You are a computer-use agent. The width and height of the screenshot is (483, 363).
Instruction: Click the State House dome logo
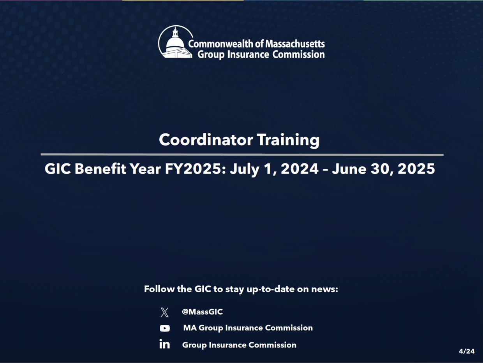[175, 43]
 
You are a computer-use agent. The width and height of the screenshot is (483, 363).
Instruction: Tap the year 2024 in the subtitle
[299, 169]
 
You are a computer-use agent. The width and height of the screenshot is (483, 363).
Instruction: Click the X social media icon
[164, 312]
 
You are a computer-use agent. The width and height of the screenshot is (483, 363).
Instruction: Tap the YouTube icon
[165, 328]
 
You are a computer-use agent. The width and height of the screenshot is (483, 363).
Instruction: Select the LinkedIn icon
[164, 344]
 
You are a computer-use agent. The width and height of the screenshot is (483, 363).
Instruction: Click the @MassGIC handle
[202, 312]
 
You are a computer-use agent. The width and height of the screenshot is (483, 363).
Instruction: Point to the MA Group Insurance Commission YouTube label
[248, 328]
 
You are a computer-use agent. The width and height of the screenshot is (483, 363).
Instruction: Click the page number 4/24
[467, 351]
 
